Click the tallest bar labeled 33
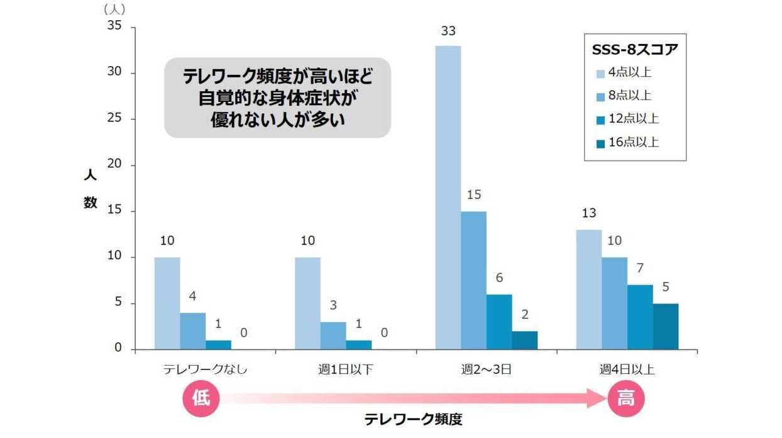point(448,198)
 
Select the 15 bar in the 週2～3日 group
point(473,281)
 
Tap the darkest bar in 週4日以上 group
point(666,327)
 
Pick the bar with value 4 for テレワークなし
point(192,331)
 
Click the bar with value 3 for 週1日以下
point(333,335)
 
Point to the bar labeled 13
point(589,289)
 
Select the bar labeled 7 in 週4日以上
point(640,317)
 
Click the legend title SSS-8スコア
point(635,49)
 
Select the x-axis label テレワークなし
point(205,369)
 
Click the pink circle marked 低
point(201,399)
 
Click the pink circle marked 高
point(626,399)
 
